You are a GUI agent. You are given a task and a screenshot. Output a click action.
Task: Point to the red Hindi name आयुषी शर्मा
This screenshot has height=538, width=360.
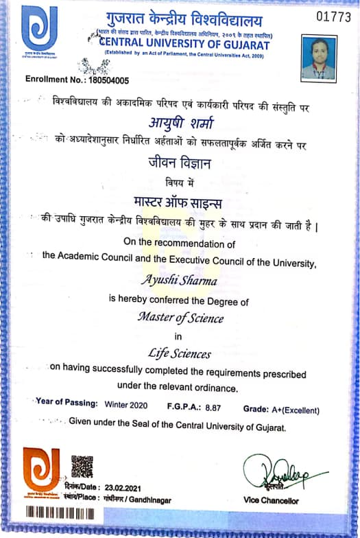pyautogui.click(x=180, y=123)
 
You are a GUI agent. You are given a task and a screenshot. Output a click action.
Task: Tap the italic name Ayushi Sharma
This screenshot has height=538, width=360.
pyautogui.click(x=180, y=280)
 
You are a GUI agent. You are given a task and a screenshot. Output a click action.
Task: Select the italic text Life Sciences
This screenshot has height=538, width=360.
pyautogui.click(x=180, y=354)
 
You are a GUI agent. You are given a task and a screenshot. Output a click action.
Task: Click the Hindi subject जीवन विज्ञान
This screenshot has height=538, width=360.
pyautogui.click(x=180, y=163)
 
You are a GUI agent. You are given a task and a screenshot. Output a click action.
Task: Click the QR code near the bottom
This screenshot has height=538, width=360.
pyautogui.click(x=82, y=466)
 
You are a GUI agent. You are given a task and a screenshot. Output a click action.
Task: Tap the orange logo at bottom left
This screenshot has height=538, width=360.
pyautogui.click(x=41, y=472)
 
